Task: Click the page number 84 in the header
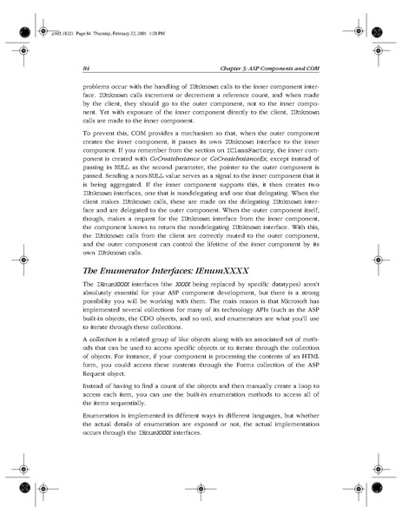click(86, 67)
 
